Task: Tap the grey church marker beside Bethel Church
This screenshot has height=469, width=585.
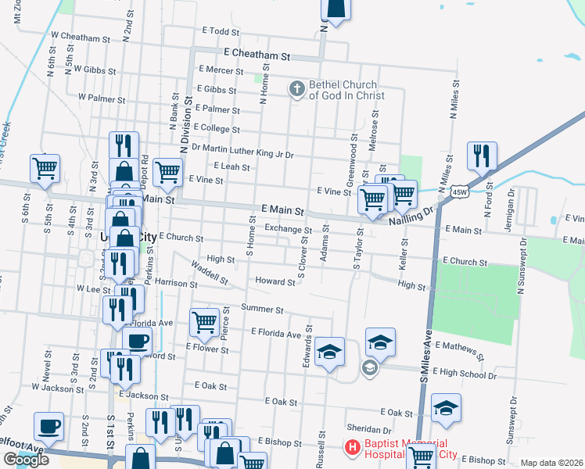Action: click(x=296, y=90)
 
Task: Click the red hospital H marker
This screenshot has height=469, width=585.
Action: click(x=352, y=449)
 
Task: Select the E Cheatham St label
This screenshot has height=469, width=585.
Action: click(x=257, y=56)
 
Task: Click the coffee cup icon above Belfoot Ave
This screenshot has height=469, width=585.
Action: click(x=48, y=427)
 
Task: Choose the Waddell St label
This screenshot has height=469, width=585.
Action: click(x=209, y=274)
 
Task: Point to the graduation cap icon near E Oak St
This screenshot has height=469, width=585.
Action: click(x=446, y=408)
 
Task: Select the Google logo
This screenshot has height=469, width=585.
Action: click(x=26, y=459)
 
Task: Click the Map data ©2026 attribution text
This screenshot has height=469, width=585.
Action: click(x=551, y=463)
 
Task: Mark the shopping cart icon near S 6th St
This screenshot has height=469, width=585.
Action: click(x=45, y=168)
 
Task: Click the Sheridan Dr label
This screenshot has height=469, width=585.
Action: click(x=370, y=430)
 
